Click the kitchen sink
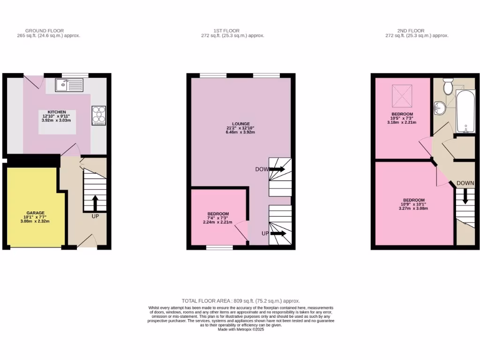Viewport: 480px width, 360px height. (69, 85)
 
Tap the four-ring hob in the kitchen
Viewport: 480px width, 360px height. (99, 116)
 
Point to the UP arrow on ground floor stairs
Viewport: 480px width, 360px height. (95, 203)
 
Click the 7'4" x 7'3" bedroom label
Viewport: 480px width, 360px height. (218, 214)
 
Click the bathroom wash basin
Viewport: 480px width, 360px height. (439, 107)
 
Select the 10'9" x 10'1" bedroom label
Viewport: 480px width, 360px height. (413, 200)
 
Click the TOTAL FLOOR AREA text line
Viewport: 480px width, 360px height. (240, 301)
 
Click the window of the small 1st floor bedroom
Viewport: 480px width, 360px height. (219, 247)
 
